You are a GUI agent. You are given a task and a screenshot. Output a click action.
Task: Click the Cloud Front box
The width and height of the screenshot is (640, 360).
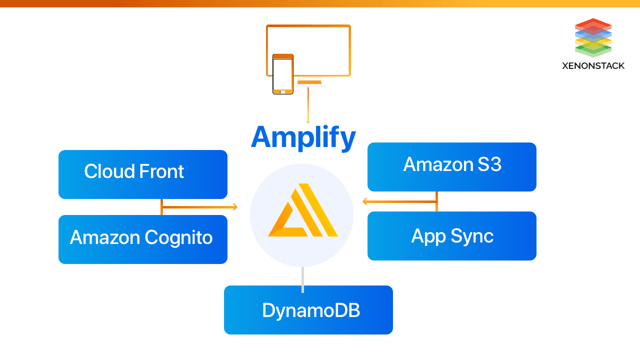tap(142, 173)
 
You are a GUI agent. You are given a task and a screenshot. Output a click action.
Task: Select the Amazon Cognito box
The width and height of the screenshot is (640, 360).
tap(142, 238)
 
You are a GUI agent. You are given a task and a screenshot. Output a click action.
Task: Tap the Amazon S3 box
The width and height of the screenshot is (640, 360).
tap(452, 166)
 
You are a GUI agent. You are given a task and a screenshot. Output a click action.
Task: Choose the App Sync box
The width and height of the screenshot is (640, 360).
tap(452, 236)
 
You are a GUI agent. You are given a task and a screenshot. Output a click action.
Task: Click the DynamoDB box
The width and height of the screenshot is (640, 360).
tap(308, 310)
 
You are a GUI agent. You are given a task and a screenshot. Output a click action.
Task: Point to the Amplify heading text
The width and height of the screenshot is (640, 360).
tap(303, 136)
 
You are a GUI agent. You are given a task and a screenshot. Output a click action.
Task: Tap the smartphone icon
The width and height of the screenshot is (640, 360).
tap(283, 74)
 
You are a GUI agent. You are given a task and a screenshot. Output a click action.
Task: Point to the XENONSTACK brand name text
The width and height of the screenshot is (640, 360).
tap(593, 66)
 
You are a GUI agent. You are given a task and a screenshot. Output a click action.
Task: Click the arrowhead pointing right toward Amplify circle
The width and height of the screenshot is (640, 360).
tap(234, 207)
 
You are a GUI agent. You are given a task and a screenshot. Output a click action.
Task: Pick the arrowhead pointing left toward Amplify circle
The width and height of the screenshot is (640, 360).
tap(366, 202)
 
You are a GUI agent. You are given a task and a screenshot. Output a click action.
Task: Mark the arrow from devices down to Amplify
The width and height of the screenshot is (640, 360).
tap(308, 106)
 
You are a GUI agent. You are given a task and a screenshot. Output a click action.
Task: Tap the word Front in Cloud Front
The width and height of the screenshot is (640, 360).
tap(162, 172)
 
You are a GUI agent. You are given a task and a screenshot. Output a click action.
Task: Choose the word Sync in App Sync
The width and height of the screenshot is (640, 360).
tap(471, 237)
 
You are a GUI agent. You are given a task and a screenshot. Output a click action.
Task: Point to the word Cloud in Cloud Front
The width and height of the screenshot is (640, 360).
tap(109, 172)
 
